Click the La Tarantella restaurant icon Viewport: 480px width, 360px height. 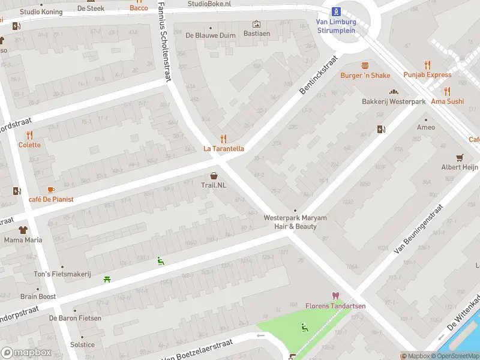pos(224,139)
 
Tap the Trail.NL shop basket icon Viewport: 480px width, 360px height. pos(214,175)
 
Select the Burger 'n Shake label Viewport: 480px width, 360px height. pos(365,75)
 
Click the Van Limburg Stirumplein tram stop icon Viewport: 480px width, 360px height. pos(336,11)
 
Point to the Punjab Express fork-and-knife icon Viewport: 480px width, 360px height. pos(427,64)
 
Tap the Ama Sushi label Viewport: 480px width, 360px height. pos(447,101)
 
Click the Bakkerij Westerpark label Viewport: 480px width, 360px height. pos(393,101)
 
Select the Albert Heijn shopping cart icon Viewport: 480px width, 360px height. pos(460,158)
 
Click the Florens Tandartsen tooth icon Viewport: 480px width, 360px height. pos(335,296)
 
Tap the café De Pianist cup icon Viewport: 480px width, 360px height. pos(50,190)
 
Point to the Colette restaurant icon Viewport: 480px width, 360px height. pos(29,135)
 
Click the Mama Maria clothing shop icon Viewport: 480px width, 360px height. pos(23,230)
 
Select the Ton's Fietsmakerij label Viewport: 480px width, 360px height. pos(62,274)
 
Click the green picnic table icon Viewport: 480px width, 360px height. pos(107,278)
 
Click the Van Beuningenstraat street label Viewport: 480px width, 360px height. pos(418,228)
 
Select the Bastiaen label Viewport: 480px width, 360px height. pos(256,34)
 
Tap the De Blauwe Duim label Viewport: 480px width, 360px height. pos(210,35)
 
